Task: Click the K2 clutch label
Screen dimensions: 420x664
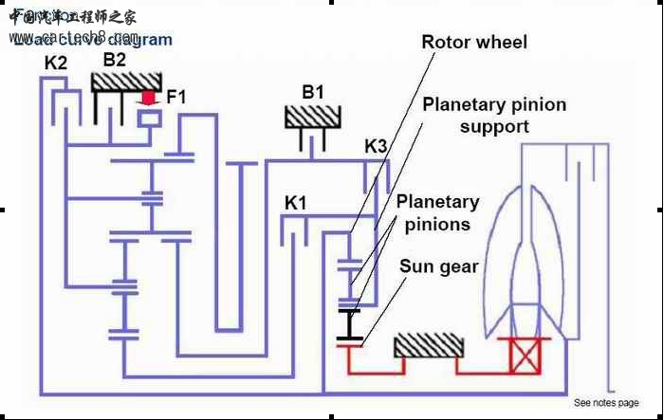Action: [x=56, y=64]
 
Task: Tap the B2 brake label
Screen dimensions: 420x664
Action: [x=115, y=59]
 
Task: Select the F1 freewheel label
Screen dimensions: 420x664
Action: [x=177, y=96]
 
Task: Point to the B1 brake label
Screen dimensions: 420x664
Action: [x=313, y=92]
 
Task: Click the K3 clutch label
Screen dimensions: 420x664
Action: [x=377, y=147]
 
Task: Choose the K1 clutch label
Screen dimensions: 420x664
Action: [x=298, y=203]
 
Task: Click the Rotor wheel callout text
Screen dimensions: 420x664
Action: [x=474, y=43]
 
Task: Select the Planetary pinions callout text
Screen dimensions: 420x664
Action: [x=437, y=213]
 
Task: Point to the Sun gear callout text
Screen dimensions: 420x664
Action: [x=437, y=266]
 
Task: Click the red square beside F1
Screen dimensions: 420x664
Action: [x=148, y=97]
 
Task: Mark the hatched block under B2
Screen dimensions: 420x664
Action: [x=124, y=81]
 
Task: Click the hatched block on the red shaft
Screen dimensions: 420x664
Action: [x=428, y=345]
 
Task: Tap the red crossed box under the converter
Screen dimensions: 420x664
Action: [x=524, y=356]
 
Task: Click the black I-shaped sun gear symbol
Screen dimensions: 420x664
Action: [x=350, y=324]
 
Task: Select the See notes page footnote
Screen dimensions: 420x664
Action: [x=606, y=402]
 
